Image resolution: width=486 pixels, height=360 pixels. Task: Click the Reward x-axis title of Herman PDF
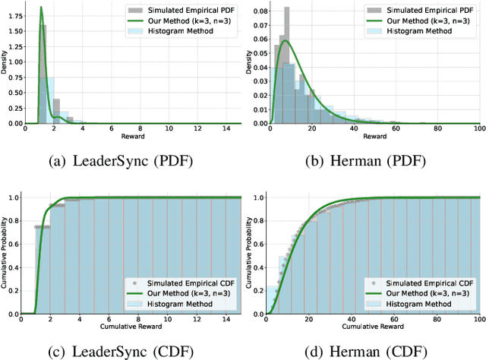(x=372, y=137)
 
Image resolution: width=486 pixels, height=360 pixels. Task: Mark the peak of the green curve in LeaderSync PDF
(x=41, y=8)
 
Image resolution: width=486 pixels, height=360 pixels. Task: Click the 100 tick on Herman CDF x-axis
(x=476, y=321)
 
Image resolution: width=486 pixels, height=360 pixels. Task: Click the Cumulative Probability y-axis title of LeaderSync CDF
(x=5, y=254)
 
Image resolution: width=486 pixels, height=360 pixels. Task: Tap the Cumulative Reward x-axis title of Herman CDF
(x=372, y=327)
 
